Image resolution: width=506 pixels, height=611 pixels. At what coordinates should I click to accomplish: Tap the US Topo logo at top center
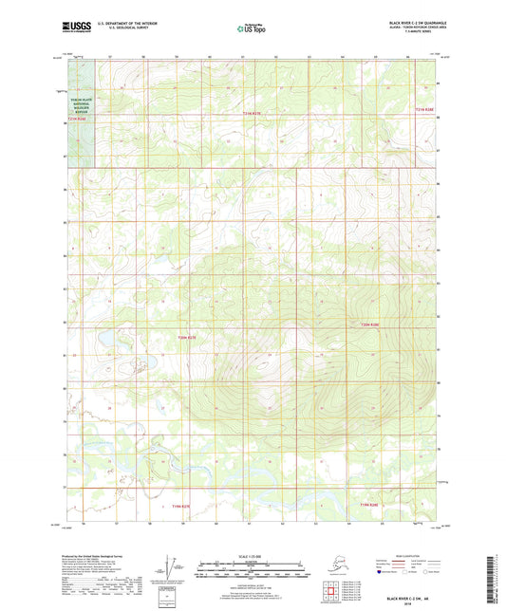pyautogui.click(x=251, y=28)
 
